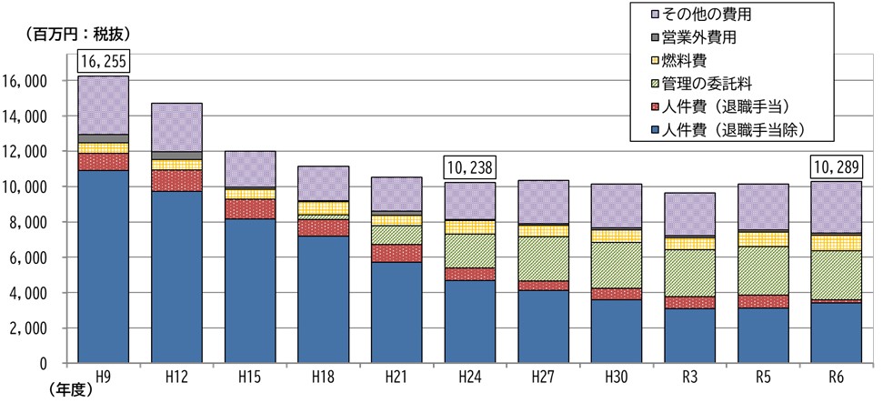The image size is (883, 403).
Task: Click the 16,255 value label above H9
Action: pos(103,63)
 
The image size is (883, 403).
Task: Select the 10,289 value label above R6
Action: pos(837,167)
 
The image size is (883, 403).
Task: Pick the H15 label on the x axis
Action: pos(249,376)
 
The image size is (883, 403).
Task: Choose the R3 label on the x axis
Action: pos(690,376)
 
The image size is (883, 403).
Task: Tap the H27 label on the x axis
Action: pos(543,376)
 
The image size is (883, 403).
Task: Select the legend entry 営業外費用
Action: pos(719,38)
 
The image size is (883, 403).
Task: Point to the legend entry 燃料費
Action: pos(705,60)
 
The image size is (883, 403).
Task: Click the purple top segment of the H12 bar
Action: pos(176,127)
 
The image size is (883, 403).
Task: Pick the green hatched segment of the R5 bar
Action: pos(764,270)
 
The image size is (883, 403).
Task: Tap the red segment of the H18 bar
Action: pos(323,227)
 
